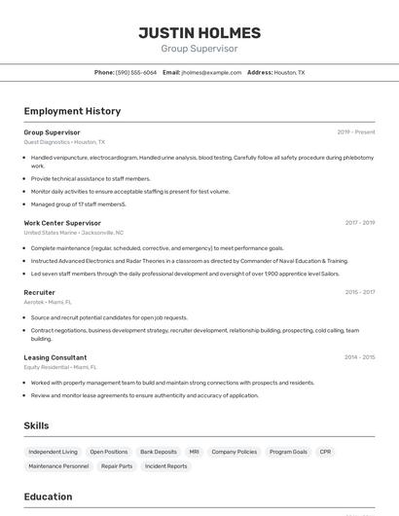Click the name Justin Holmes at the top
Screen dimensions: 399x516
pyautogui.click(x=199, y=32)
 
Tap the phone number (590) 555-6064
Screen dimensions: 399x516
pyautogui.click(x=136, y=72)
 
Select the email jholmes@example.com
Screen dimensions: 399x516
pyautogui.click(x=211, y=72)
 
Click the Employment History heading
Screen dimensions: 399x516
pyautogui.click(x=72, y=111)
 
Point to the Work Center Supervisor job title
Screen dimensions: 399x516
pyautogui.click(x=62, y=222)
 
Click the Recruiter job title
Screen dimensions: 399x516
pyautogui.click(x=40, y=292)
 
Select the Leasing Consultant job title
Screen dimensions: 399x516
pyautogui.click(x=55, y=357)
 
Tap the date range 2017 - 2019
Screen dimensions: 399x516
pyautogui.click(x=359, y=222)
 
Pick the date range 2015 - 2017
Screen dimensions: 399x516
pyautogui.click(x=359, y=292)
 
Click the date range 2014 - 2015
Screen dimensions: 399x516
pyautogui.click(x=359, y=357)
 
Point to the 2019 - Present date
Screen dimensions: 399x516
pyautogui.click(x=356, y=131)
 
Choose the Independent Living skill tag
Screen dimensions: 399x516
pyautogui.click(x=53, y=452)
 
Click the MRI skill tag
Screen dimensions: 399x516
pyautogui.click(x=194, y=452)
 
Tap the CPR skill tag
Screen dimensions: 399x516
pyautogui.click(x=325, y=452)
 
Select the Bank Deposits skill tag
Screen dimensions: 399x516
pyautogui.click(x=159, y=452)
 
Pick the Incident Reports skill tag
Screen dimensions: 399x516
pyautogui.click(x=166, y=466)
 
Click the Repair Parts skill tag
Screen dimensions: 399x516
pyautogui.click(x=117, y=466)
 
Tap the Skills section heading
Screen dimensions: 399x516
pyautogui.click(x=37, y=425)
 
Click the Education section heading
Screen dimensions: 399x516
pyautogui.click(x=49, y=497)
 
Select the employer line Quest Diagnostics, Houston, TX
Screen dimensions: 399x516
pyautogui.click(x=64, y=142)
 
